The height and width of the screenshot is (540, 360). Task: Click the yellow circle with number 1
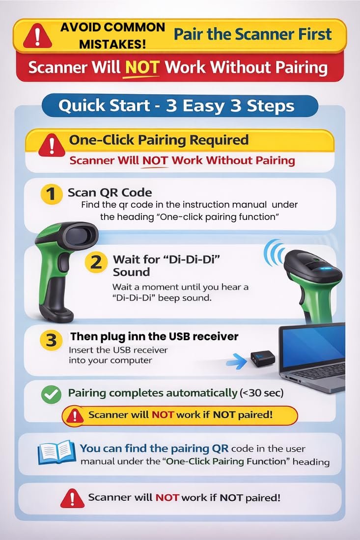[x=51, y=194]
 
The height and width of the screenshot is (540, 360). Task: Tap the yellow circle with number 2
[x=95, y=263]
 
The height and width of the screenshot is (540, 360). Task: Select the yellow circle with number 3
[x=51, y=340]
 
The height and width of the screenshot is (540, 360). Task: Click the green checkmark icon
[x=51, y=394]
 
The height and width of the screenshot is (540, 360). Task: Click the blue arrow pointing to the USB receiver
[x=237, y=361]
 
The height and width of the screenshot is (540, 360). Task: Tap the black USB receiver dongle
[x=262, y=358]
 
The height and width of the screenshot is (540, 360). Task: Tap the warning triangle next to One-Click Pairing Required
[x=52, y=145]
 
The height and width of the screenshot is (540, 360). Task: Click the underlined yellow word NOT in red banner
[x=141, y=68]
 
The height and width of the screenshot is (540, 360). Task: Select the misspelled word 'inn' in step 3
[x=136, y=336]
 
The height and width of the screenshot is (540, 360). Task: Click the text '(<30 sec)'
[x=261, y=393]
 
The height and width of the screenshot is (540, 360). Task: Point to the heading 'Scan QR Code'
[x=110, y=192]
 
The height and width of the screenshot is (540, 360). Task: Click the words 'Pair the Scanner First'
[x=252, y=34]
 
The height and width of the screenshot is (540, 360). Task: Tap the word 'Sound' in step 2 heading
[x=131, y=272]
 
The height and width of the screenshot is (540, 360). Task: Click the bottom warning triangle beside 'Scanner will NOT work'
[x=72, y=498]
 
